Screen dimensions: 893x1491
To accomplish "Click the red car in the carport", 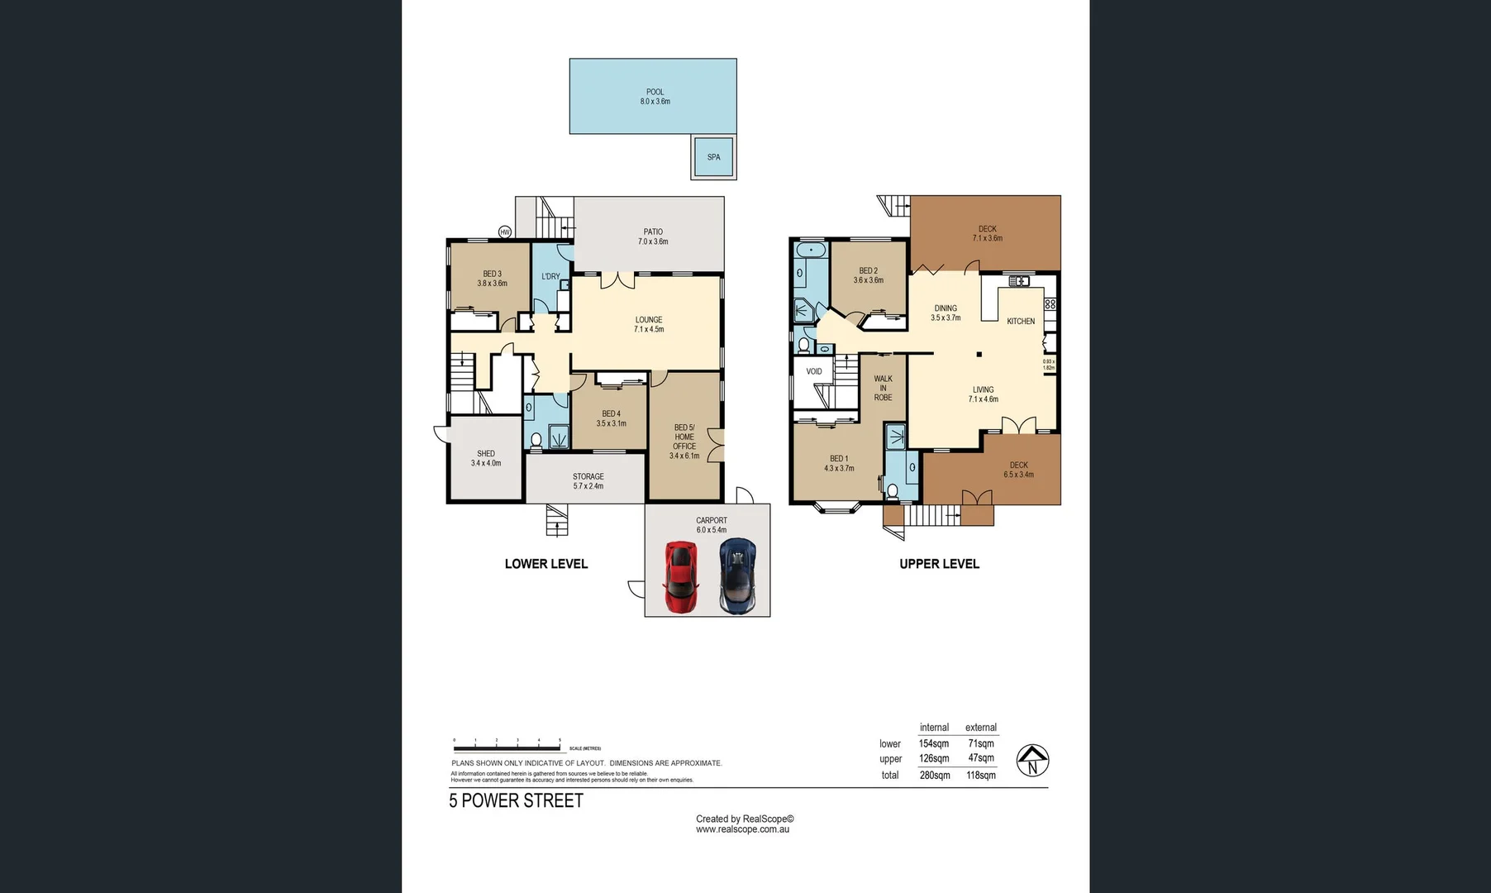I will click(x=680, y=576).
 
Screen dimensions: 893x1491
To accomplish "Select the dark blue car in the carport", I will click(x=737, y=575).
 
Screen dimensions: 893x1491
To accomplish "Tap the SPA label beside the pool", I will click(x=713, y=157).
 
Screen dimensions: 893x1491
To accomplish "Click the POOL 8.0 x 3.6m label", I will click(x=655, y=97).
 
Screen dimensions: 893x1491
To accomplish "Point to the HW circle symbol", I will click(x=505, y=232).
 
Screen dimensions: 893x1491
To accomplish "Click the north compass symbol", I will click(x=1032, y=761).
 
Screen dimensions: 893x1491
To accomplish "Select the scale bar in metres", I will click(x=507, y=747).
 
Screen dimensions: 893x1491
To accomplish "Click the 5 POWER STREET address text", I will click(x=517, y=800).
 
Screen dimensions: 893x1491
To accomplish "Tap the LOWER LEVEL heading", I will click(x=546, y=564).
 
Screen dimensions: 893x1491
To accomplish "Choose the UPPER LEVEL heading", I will click(x=939, y=564).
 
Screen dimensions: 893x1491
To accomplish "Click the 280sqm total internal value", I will click(x=935, y=776).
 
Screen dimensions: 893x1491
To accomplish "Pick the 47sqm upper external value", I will click(x=981, y=758).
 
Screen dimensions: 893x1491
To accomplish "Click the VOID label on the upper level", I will click(x=814, y=371).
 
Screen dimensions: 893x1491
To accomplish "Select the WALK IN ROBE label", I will click(x=883, y=388).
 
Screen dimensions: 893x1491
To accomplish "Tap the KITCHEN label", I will click(x=1021, y=322).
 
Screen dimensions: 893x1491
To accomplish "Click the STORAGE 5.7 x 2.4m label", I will click(x=588, y=481).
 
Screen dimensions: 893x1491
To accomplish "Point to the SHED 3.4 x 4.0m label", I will click(x=486, y=458).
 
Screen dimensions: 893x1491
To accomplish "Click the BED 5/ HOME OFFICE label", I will click(x=684, y=442).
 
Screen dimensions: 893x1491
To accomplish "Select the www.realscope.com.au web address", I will click(x=742, y=829).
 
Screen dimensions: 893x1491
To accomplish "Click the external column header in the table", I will click(x=981, y=728).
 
